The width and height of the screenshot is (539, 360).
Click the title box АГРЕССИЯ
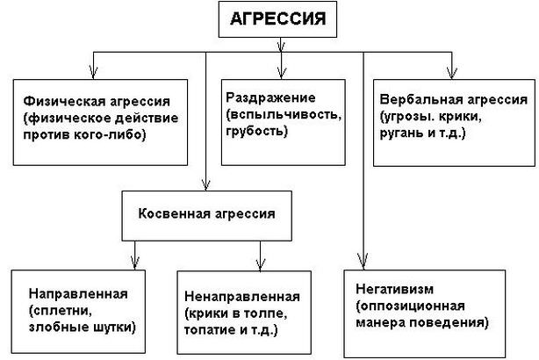click(278, 20)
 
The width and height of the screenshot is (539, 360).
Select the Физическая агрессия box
click(101, 120)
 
